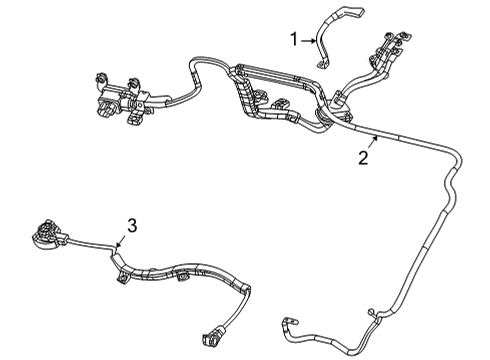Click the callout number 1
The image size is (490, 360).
(x=293, y=39)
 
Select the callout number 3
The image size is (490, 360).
(x=129, y=225)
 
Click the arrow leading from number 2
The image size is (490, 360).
(x=371, y=140)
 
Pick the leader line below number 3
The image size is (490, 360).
(x=121, y=239)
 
